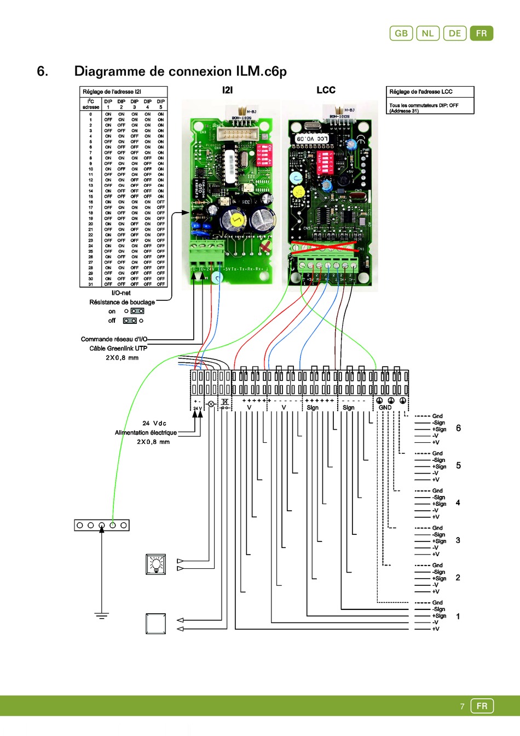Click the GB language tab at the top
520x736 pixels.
pyautogui.click(x=401, y=33)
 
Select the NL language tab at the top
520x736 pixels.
pyautogui.click(x=427, y=33)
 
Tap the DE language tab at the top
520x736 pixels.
pyautogui.click(x=455, y=33)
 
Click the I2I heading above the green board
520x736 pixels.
pyautogui.click(x=227, y=90)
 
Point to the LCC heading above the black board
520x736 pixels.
pyautogui.click(x=326, y=90)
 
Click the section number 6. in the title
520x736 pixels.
pyautogui.click(x=43, y=71)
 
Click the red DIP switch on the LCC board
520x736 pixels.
pyautogui.click(x=327, y=162)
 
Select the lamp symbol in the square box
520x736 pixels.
pyautogui.click(x=156, y=564)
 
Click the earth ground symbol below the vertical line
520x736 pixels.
pyautogui.click(x=102, y=616)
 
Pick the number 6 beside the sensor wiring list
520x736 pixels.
pyautogui.click(x=458, y=428)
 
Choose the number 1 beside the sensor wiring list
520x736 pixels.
pyautogui.click(x=458, y=617)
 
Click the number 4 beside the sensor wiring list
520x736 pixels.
pyautogui.click(x=458, y=503)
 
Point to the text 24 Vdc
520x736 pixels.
pyautogui.click(x=154, y=423)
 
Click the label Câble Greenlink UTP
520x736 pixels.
pyautogui.click(x=118, y=349)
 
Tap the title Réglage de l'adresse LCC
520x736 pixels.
pyautogui.click(x=421, y=92)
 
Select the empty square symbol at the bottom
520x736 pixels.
pyautogui.click(x=156, y=624)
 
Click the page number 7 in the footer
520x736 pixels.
pyautogui.click(x=462, y=706)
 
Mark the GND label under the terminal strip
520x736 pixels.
pyautogui.click(x=385, y=408)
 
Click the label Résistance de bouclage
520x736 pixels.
pyautogui.click(x=122, y=302)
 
